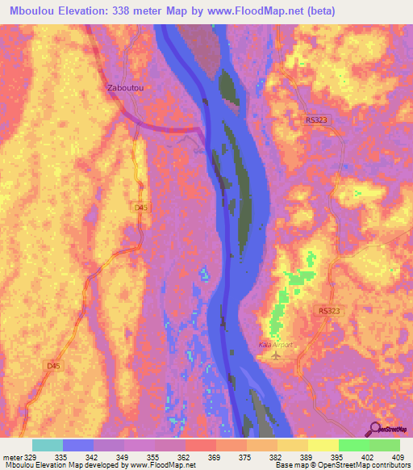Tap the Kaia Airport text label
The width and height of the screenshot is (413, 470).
[x=274, y=345]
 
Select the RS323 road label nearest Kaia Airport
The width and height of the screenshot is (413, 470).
[x=329, y=311]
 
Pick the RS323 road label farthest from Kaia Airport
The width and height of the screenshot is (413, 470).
[x=318, y=120]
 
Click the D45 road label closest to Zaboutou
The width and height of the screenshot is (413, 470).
[x=141, y=208]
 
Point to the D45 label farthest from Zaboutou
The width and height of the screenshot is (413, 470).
[x=53, y=366]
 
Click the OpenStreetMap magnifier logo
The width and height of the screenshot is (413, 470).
[x=375, y=430]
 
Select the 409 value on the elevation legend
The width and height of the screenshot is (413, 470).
[x=398, y=455]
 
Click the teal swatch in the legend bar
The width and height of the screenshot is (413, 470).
[x=48, y=445]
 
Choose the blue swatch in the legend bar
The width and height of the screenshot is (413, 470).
[x=78, y=445]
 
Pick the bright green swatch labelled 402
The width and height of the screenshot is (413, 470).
[x=353, y=445]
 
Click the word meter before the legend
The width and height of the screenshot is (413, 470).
[x=13, y=455]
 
